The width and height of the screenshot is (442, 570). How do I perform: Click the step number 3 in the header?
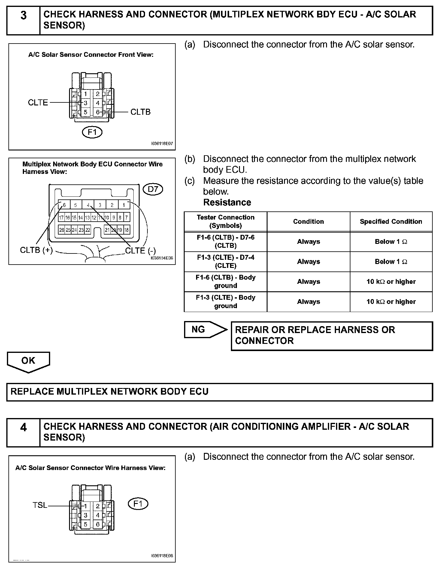coord(23,16)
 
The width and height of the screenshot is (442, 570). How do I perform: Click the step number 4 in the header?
coord(23,427)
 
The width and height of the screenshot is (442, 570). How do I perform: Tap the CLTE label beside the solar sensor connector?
coord(38,103)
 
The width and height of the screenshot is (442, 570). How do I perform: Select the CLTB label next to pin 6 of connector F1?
coord(141,112)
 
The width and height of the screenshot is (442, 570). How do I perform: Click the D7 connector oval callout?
coord(153,189)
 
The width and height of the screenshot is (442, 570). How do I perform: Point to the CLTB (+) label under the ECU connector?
coord(36,250)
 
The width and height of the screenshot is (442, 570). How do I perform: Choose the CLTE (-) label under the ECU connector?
coord(140,250)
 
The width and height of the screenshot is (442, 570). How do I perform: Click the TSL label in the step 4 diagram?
coord(40,505)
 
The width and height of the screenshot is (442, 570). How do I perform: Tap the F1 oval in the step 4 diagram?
coord(138,504)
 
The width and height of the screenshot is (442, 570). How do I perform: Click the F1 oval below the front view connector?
coord(92,132)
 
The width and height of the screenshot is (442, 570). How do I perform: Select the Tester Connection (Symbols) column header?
coord(226,221)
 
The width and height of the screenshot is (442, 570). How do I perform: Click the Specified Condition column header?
coord(391,221)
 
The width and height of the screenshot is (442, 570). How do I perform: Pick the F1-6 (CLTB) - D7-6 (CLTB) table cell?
coord(226,241)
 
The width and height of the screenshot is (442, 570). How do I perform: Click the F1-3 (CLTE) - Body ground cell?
coord(226,302)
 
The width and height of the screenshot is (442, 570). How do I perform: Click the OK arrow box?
coord(28,361)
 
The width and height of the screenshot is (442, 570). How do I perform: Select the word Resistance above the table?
coord(227,202)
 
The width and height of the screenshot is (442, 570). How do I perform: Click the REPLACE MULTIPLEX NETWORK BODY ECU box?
coord(219,392)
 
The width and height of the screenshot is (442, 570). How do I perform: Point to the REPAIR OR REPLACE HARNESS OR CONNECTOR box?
coord(332,335)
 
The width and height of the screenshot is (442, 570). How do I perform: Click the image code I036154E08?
coord(162,258)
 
